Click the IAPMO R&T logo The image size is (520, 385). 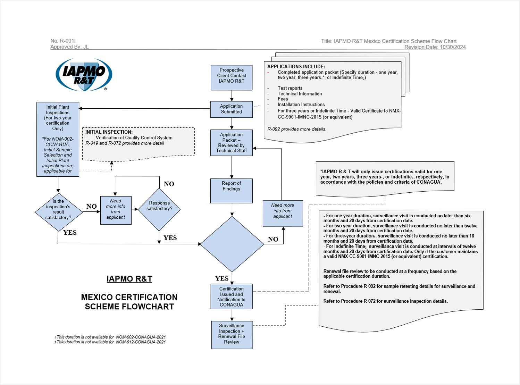tap(84, 75)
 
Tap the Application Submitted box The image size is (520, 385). tap(232, 109)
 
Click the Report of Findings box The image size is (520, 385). tap(232, 190)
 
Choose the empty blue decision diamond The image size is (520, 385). tap(232, 244)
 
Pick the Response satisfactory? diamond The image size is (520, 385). tap(159, 209)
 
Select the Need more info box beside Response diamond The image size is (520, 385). tap(116, 210)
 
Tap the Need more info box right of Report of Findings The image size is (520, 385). tap(283, 213)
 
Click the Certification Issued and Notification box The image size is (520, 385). tap(232, 296)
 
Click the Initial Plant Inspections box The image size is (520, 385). tap(58, 139)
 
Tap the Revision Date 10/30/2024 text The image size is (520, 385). tap(435, 47)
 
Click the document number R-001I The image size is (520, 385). tap(63, 41)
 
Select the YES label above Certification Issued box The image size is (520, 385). tap(222, 278)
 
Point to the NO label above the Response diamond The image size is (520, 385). tap(169, 184)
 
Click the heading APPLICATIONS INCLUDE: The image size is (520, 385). tap(296, 66)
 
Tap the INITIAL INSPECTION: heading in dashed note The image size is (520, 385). tap(109, 132)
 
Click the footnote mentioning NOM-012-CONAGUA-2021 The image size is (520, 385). tap(110, 342)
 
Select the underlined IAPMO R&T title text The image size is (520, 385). tap(129, 279)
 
